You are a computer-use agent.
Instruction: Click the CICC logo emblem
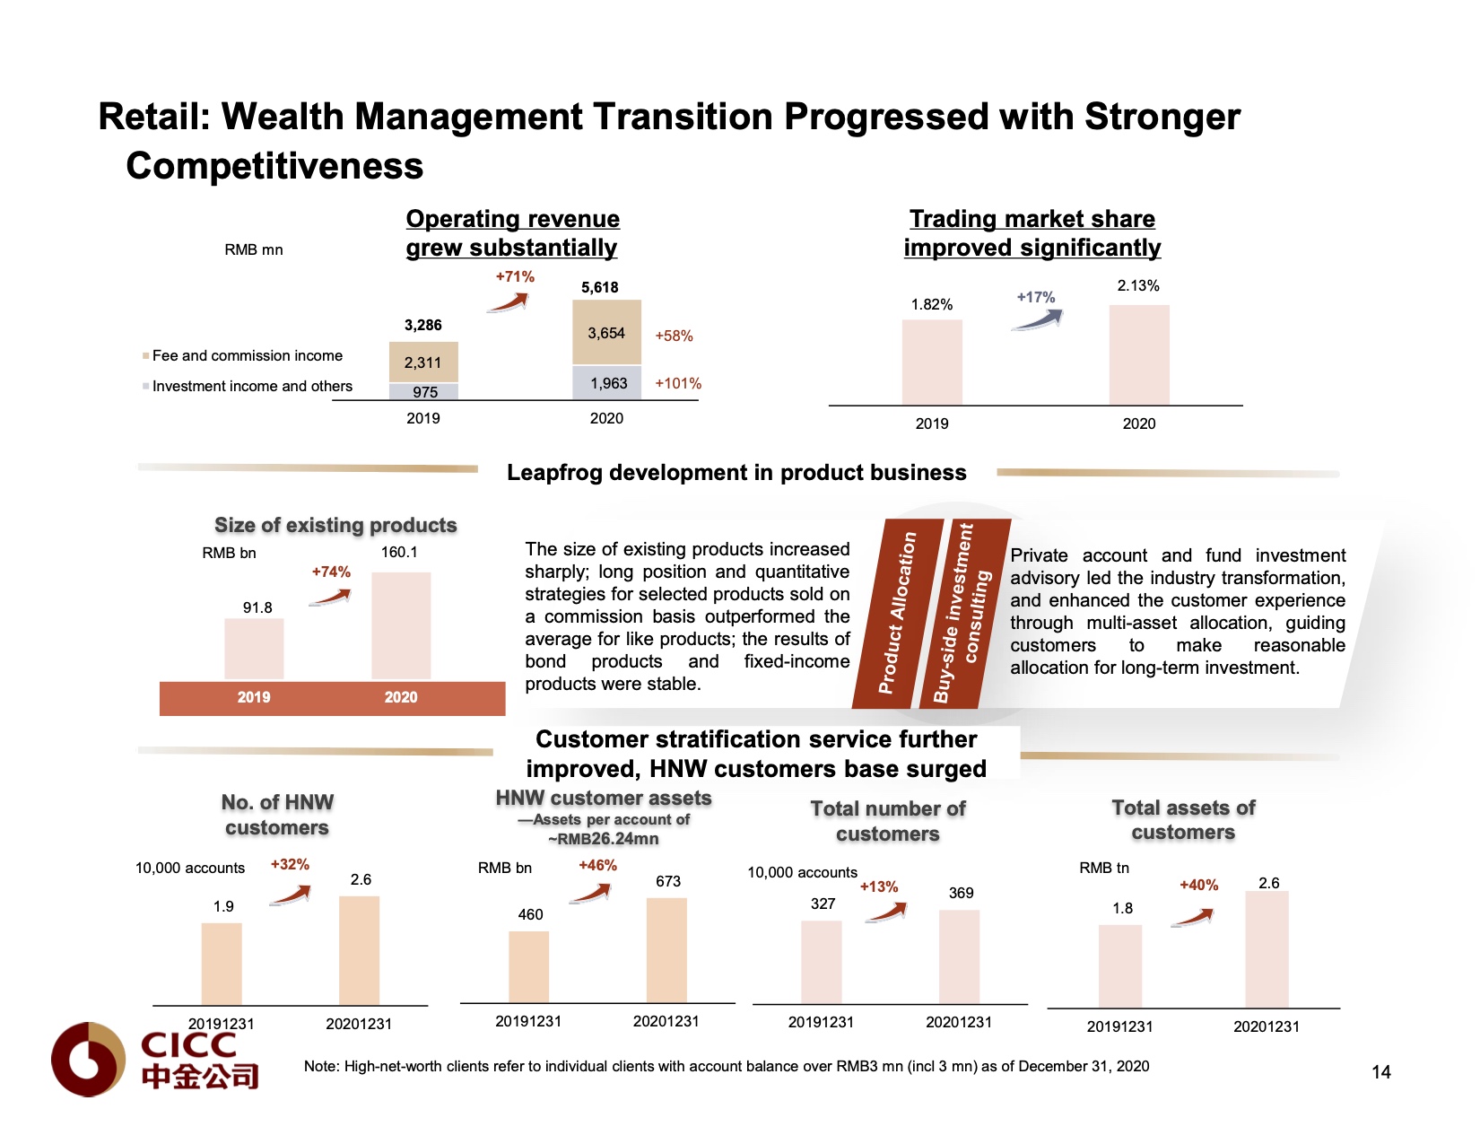coord(88,1059)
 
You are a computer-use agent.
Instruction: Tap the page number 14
coord(1380,1072)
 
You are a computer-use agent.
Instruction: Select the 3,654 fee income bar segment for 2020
coord(606,333)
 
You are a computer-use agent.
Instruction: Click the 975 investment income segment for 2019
coord(423,392)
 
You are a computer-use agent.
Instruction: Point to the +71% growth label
coord(515,276)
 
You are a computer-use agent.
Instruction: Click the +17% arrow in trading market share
coord(1038,317)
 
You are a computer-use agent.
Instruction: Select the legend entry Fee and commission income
coord(247,355)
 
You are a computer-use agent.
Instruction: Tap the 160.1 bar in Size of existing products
coord(401,625)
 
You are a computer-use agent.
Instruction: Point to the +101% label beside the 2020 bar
coord(678,383)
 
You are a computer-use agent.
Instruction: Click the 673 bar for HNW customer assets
coord(666,950)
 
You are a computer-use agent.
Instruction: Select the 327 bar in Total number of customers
coord(822,962)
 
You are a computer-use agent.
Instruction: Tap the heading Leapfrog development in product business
coord(736,473)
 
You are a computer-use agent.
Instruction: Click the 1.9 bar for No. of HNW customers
coord(222,964)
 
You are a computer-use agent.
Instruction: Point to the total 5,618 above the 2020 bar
coord(600,287)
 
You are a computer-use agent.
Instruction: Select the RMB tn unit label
coord(1104,868)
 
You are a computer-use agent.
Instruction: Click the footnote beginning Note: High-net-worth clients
coord(726,1066)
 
